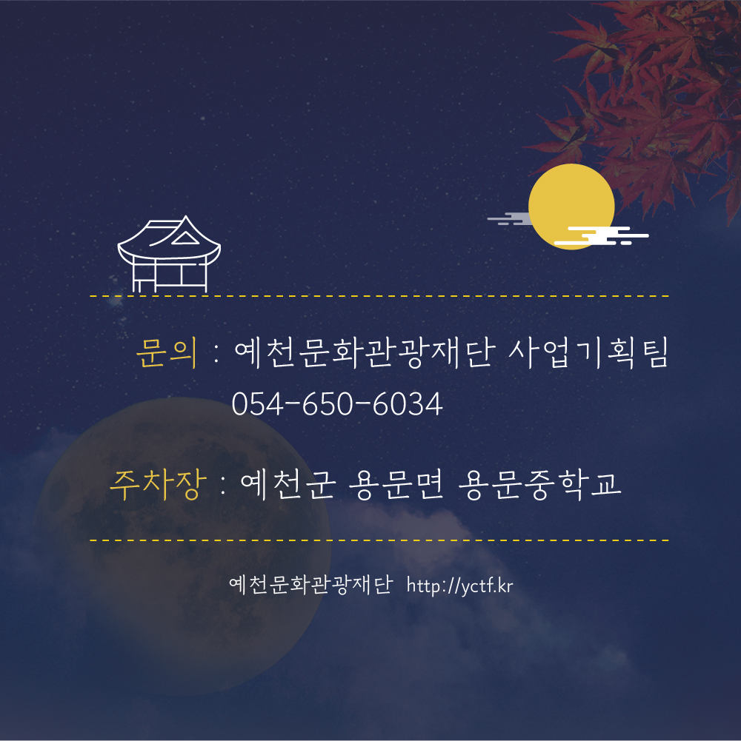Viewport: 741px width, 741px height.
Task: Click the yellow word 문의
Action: (167, 352)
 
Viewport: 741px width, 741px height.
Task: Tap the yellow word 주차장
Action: (159, 485)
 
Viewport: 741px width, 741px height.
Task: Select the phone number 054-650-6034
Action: (337, 404)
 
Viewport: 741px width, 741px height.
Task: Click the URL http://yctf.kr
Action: (460, 586)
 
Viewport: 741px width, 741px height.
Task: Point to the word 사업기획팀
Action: (588, 352)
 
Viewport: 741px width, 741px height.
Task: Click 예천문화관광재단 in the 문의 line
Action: (365, 352)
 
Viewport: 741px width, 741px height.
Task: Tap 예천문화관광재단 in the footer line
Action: (311, 585)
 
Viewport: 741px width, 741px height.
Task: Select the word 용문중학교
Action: (540, 485)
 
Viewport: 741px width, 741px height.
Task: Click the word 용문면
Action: (396, 485)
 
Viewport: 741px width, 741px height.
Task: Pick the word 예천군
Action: (288, 485)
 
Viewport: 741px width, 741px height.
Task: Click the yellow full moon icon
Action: (571, 207)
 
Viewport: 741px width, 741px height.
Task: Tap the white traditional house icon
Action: (169, 254)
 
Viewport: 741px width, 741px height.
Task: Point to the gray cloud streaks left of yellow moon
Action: (509, 218)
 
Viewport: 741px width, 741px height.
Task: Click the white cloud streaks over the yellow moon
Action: (601, 236)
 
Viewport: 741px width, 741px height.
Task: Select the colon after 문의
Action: (216, 354)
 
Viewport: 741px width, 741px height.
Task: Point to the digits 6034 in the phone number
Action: (408, 404)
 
